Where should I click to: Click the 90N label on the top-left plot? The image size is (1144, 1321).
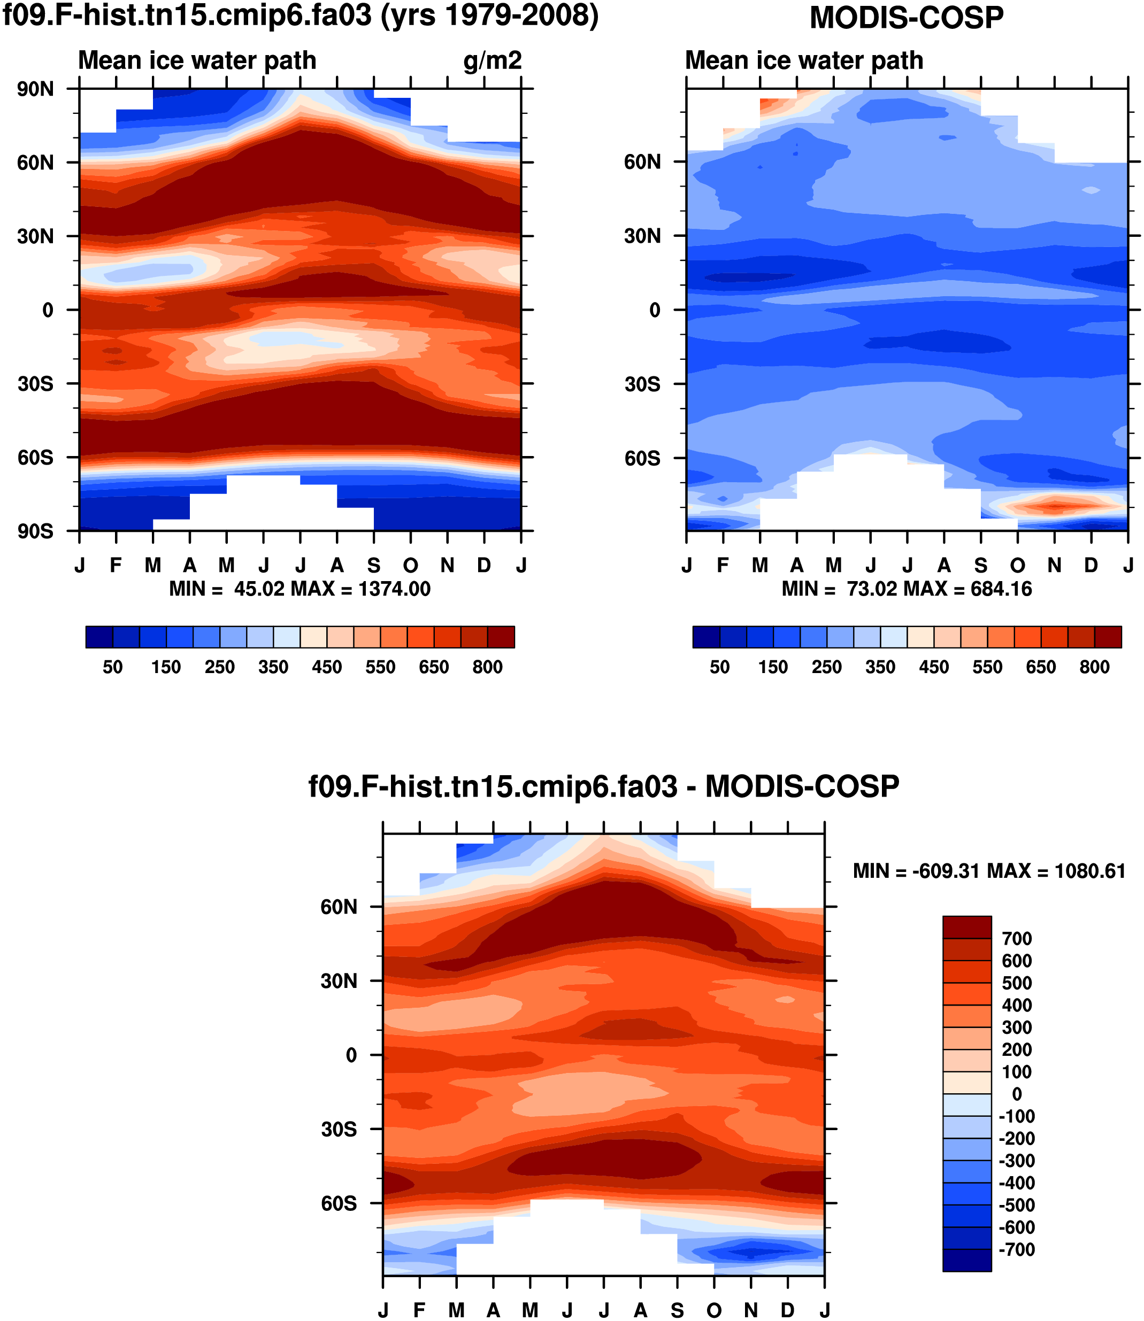pyautogui.click(x=36, y=89)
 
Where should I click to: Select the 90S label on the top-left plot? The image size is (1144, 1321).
pyautogui.click(x=36, y=531)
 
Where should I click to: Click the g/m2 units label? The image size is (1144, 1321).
pyautogui.click(x=492, y=60)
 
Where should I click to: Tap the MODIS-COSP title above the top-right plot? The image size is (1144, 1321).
pyautogui.click(x=907, y=18)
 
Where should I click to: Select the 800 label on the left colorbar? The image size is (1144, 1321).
pyautogui.click(x=488, y=668)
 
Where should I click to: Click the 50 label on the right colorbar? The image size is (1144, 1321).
pyautogui.click(x=719, y=668)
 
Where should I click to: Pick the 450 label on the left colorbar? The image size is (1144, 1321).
pyautogui.click(x=327, y=668)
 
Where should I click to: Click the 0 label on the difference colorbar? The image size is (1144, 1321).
pyautogui.click(x=1017, y=1094)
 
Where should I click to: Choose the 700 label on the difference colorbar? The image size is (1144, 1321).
pyautogui.click(x=1017, y=939)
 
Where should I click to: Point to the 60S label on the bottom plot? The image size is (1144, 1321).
pyautogui.click(x=339, y=1203)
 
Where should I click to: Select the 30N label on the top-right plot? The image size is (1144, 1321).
pyautogui.click(x=643, y=237)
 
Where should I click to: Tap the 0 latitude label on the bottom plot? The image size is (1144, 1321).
pyautogui.click(x=351, y=1055)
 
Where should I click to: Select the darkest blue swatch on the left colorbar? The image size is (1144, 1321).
pyautogui.click(x=99, y=637)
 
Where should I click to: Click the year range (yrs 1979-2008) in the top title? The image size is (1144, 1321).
pyautogui.click(x=490, y=16)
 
